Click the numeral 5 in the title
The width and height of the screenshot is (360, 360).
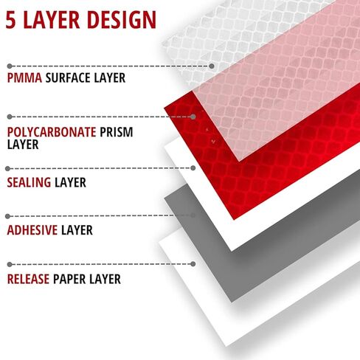11,20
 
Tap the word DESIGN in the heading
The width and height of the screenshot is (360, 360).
122,20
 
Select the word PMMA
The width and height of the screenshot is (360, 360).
24,78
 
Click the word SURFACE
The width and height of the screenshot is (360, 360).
68,78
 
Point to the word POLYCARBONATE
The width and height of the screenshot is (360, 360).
52,132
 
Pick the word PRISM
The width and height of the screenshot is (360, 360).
117,132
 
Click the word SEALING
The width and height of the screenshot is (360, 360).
29,182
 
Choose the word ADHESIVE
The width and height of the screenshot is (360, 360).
32,230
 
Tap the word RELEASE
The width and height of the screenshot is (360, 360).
28,279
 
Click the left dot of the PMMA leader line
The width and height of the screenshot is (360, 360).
10,66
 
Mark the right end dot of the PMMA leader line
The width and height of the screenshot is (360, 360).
212,66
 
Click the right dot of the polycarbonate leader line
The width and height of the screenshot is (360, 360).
193,117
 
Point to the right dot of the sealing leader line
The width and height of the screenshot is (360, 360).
193,168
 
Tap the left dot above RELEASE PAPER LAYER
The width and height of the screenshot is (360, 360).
10,265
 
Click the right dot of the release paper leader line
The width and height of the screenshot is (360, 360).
193,264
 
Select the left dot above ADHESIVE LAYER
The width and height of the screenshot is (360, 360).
7,216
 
